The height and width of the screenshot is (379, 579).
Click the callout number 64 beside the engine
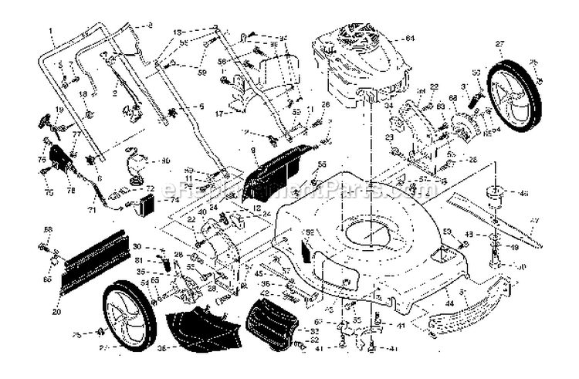pos(410,38)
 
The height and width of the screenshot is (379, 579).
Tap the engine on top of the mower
pos(359,62)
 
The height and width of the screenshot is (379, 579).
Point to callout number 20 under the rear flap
pos(56,312)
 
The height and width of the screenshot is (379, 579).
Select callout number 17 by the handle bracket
pos(219,113)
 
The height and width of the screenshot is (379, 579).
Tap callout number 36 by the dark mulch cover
pos(161,347)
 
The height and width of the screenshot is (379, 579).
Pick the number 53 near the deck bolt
pos(447,231)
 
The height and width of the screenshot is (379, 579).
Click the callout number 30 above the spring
pos(136,246)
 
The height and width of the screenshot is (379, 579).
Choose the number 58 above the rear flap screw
pos(48,229)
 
